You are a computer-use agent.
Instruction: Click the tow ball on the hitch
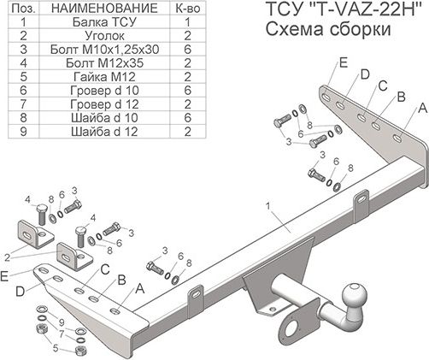(x=354, y=297)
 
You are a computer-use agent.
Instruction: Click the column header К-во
(x=186, y=9)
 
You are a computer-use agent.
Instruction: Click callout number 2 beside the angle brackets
(x=6, y=254)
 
